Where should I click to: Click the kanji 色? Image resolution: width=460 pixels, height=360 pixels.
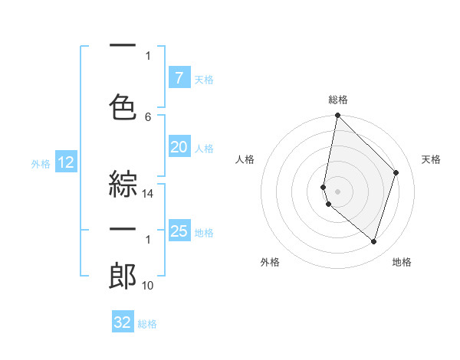123,105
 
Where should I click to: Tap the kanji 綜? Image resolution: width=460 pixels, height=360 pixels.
123,183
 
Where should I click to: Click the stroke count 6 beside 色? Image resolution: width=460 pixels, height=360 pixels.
148,117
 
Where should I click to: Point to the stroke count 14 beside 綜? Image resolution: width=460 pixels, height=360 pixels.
148,195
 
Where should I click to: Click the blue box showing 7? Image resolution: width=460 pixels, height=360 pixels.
179,78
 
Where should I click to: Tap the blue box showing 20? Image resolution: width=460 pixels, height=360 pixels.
179,148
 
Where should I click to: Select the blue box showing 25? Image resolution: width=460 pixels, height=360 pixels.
179,231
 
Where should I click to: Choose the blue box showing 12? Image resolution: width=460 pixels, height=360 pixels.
65,162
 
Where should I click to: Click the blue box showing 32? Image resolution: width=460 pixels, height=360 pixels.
123,322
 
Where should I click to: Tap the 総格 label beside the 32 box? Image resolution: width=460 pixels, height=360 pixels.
148,324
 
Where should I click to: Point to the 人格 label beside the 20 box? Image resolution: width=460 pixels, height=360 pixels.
204,149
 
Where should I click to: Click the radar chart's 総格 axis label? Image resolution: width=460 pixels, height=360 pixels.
338,100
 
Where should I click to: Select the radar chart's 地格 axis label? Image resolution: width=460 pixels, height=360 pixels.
402,263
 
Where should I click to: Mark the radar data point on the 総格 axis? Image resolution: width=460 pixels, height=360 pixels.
337,116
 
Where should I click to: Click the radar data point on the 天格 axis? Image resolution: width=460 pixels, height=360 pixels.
396,172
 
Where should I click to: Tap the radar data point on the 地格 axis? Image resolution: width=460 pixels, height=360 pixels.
373,242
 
